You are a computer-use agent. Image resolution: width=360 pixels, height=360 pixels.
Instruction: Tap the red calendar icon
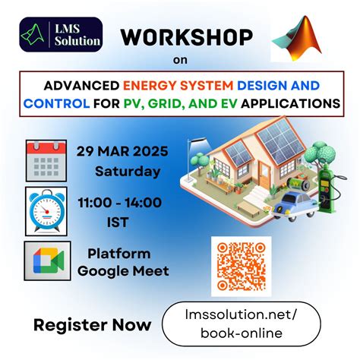(46, 160)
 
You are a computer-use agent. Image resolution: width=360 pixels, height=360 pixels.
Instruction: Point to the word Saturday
(127, 171)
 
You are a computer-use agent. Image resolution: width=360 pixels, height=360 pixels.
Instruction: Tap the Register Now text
(93, 326)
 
